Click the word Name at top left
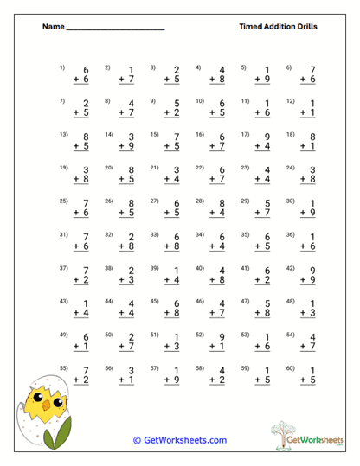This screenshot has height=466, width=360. [53, 27]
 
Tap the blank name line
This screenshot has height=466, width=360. [115, 29]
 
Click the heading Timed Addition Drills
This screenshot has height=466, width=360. [278, 27]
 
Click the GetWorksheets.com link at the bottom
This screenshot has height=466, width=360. [180, 440]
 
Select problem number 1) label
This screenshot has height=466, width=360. [62, 67]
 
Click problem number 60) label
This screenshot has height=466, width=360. [289, 368]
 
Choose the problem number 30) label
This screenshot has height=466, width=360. [289, 201]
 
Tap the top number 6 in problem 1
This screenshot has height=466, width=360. [87, 70]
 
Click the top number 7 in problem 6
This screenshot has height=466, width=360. [312, 70]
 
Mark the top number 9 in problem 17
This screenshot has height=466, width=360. [267, 137]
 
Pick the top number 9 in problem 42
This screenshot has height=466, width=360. [312, 271]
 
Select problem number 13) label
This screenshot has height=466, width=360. [63, 134]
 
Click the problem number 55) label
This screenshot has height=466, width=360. [63, 368]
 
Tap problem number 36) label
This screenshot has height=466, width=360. [289, 234]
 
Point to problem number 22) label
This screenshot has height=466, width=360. [199, 168]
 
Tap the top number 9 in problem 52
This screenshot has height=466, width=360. [222, 337]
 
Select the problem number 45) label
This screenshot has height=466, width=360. [154, 301]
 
